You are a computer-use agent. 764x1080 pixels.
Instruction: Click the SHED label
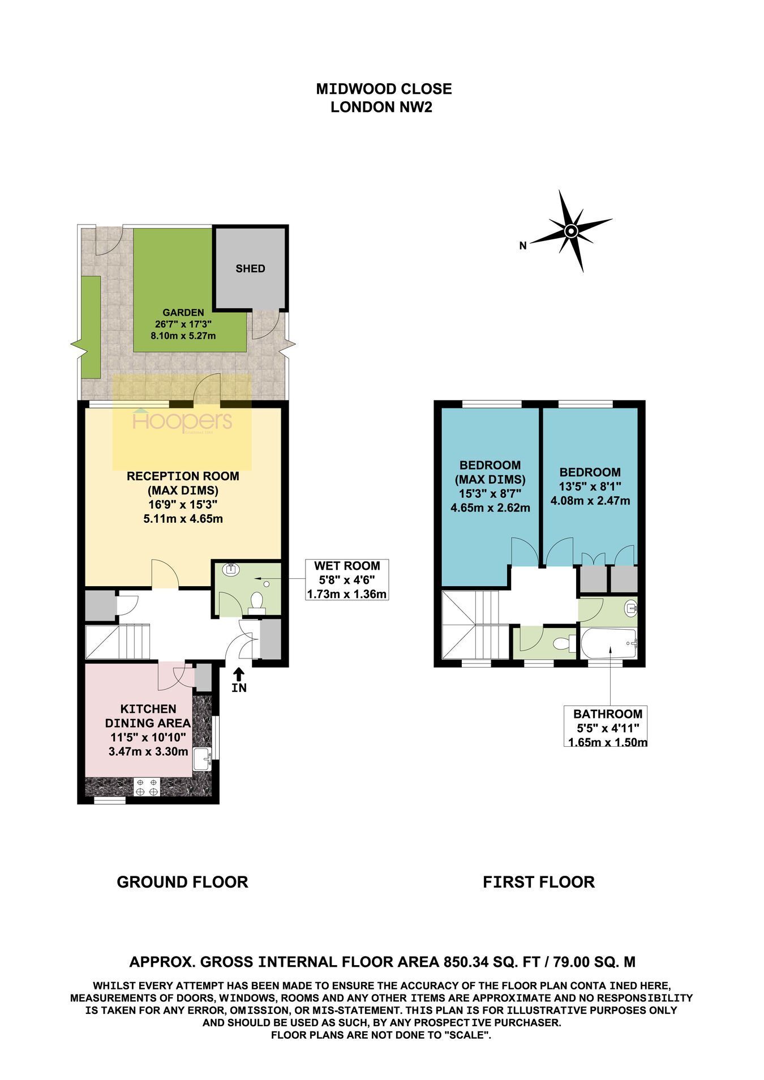250,269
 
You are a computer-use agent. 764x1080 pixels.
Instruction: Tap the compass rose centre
570,230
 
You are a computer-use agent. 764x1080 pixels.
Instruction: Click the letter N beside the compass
523,246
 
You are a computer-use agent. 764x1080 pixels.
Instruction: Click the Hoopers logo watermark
182,421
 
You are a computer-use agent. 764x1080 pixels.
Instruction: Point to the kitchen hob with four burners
147,787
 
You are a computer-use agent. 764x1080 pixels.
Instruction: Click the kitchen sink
202,759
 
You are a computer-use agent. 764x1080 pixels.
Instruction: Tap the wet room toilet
257,603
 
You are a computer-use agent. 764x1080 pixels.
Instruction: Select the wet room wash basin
230,569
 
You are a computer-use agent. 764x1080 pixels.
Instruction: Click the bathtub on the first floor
609,644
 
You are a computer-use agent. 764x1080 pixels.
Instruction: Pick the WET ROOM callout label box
347,580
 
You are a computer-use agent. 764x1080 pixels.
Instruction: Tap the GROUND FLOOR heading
182,882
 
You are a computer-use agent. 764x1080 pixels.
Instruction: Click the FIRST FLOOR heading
539,882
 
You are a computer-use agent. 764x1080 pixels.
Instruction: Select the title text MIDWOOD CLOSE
384,89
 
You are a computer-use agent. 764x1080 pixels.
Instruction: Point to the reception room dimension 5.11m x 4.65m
183,518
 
